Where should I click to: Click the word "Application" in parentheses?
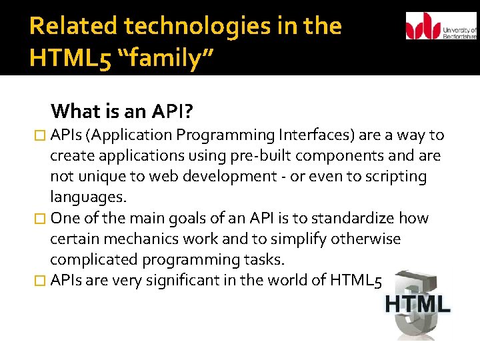(x=133, y=135)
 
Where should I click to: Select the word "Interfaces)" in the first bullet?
(x=318, y=135)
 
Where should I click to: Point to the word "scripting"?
(x=396, y=177)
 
